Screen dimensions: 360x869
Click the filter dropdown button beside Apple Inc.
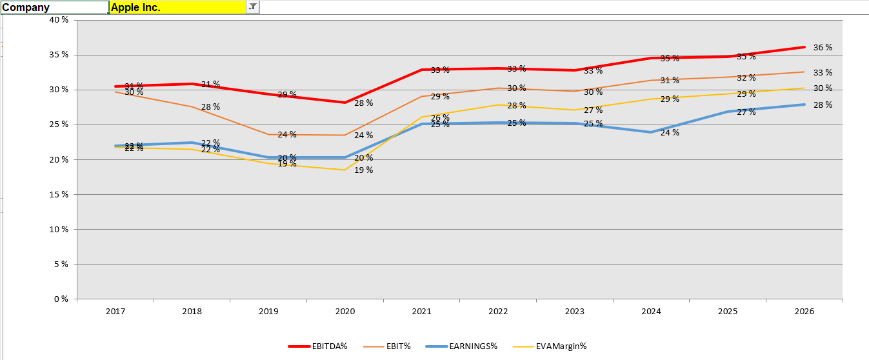(252, 7)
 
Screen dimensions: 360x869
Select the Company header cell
(54, 7)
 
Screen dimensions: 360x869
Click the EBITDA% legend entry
(326, 346)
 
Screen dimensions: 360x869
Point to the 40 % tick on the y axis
(59, 20)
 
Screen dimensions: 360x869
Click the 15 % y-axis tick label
(59, 194)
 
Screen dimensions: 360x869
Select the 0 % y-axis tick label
(61, 299)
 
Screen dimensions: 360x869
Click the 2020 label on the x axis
(345, 312)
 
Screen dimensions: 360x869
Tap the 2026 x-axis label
(804, 312)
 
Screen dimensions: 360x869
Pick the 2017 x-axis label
(115, 312)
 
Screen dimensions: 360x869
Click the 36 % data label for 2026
(823, 48)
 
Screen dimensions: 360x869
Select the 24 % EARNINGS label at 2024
(670, 133)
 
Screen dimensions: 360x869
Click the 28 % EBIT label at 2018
(211, 106)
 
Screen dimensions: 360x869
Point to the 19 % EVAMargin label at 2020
(364, 170)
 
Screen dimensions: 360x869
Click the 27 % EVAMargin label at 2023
(594, 110)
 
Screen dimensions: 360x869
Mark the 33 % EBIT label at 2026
(823, 73)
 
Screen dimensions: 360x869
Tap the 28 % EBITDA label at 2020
(364, 103)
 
